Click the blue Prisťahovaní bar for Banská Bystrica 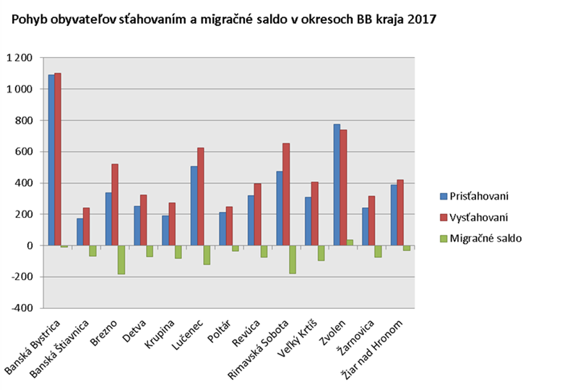tap(51, 159)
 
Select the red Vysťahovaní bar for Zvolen tap(343, 187)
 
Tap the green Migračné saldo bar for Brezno tap(121, 260)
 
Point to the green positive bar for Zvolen tap(350, 242)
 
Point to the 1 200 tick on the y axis tap(20, 58)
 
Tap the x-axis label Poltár tap(217, 328)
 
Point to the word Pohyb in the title tap(25, 20)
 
